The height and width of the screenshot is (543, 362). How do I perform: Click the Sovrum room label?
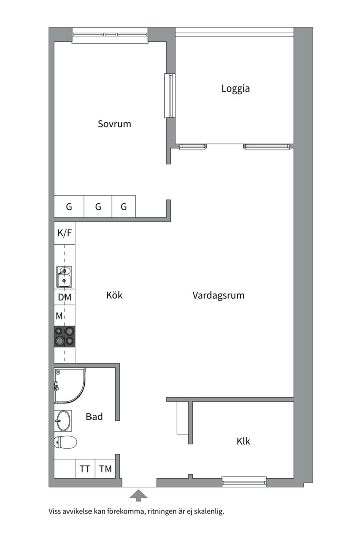click(x=114, y=124)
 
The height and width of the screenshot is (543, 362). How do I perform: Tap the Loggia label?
click(x=236, y=88)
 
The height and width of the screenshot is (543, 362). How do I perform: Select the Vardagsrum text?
click(x=218, y=295)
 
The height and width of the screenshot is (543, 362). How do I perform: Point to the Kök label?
click(x=114, y=295)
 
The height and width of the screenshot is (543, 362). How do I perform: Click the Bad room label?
click(x=94, y=416)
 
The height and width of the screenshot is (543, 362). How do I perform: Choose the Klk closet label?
click(x=243, y=441)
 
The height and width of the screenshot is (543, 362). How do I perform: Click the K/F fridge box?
click(x=65, y=233)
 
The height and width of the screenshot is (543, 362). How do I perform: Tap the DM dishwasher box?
click(x=65, y=297)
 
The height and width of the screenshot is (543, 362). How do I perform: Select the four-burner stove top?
click(x=65, y=337)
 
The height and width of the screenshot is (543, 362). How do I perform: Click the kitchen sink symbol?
click(x=64, y=277)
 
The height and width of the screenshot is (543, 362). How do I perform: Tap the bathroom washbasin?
click(x=64, y=421)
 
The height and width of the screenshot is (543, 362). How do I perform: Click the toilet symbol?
click(x=65, y=443)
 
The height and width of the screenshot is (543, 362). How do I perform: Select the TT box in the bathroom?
click(x=85, y=469)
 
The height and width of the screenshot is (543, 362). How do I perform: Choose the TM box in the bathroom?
click(x=105, y=469)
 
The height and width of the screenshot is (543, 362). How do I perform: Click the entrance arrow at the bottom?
click(x=139, y=496)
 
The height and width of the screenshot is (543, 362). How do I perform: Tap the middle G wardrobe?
click(x=98, y=207)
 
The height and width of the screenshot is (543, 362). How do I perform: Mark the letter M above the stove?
click(x=59, y=316)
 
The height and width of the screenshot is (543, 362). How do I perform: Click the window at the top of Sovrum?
click(x=110, y=35)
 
